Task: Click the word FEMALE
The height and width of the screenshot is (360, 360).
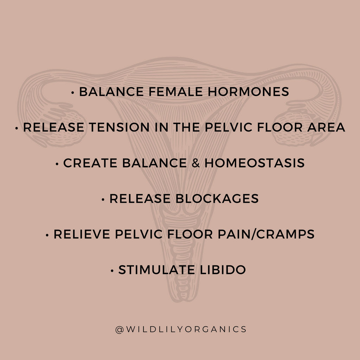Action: pyautogui.click(x=176, y=92)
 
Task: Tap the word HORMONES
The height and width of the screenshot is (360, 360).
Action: pyautogui.click(x=249, y=92)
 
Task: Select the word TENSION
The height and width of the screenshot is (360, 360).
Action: pyautogui.click(x=119, y=127)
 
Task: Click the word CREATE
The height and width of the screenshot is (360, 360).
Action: pyautogui.click(x=90, y=163)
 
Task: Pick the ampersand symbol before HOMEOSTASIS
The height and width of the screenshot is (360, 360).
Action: pyautogui.click(x=195, y=163)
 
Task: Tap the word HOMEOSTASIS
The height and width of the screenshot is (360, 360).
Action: pyautogui.click(x=255, y=163)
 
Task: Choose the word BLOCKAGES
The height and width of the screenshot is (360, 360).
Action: pyautogui.click(x=217, y=199)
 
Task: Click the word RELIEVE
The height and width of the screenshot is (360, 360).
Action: pyautogui.click(x=82, y=234)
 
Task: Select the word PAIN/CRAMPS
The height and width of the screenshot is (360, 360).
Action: pyautogui.click(x=266, y=234)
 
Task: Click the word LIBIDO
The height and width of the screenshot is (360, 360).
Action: pyautogui.click(x=223, y=270)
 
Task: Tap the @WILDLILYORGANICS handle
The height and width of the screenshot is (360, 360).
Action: pyautogui.click(x=181, y=329)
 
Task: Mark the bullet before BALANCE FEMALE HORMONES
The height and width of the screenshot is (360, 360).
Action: pyautogui.click(x=73, y=93)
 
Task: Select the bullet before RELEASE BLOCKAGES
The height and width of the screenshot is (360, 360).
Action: pyautogui.click(x=103, y=200)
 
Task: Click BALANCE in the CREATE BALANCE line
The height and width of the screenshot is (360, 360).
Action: pyautogui.click(x=154, y=163)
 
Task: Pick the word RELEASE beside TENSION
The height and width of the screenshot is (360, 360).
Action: pyautogui.click(x=53, y=127)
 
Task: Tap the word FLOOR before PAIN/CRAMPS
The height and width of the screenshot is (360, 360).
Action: pyautogui.click(x=190, y=234)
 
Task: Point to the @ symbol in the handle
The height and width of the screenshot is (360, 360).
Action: pyautogui.click(x=120, y=330)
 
